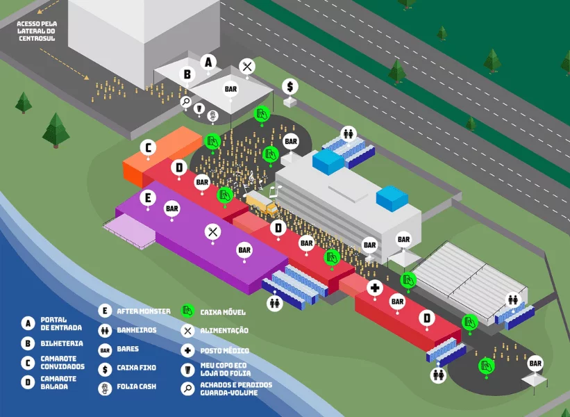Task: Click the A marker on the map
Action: [208, 62]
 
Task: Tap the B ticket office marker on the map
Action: [187, 74]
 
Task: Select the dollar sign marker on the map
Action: [290, 86]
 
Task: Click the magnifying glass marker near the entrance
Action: [186, 101]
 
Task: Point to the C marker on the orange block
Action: [147, 147]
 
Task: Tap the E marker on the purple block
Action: [146, 197]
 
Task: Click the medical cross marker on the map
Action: [375, 288]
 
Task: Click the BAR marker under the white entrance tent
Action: [230, 89]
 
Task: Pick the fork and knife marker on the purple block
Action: [212, 232]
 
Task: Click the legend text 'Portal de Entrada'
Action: [62, 323]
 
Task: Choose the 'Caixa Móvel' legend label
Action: [223, 312]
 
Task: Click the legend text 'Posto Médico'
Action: [224, 351]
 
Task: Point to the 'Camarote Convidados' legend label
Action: [62, 362]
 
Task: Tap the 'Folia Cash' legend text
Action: [137, 386]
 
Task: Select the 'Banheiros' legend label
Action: [137, 330]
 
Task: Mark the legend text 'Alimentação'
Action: [224, 331]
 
